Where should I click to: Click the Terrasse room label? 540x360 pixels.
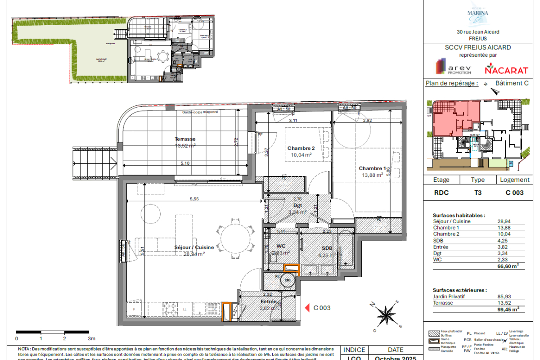click(185, 139)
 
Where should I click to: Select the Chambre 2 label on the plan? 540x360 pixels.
click(301, 148)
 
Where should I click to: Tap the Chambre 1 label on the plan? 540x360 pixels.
click(371, 168)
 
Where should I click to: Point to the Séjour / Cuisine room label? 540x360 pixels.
click(194, 247)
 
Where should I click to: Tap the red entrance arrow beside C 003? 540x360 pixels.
click(308, 308)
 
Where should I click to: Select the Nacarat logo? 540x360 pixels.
click(499, 70)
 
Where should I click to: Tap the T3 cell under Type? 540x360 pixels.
click(477, 192)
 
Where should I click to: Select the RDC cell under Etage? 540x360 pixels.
click(441, 192)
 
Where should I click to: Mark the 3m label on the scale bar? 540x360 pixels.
click(92, 338)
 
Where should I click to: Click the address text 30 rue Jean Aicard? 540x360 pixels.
click(478, 32)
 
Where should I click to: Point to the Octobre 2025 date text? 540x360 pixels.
click(395, 358)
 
